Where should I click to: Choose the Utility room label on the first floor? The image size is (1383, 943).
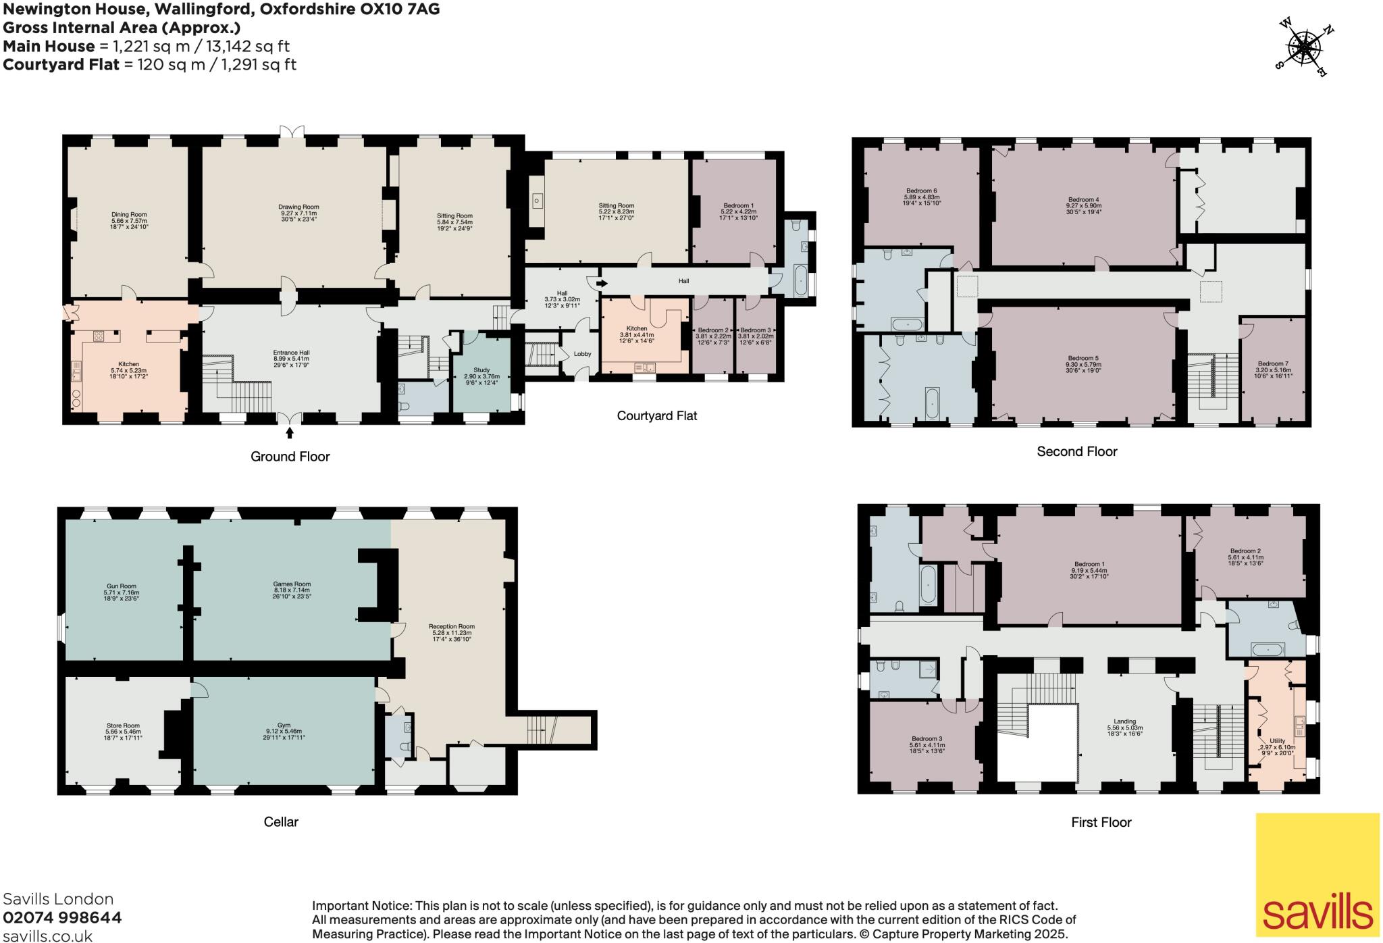1277,741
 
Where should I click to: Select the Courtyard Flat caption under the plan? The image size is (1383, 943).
656,415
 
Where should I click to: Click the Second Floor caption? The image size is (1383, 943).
1076,451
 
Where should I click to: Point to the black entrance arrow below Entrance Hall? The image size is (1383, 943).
290,432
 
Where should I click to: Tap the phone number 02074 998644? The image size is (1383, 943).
62,917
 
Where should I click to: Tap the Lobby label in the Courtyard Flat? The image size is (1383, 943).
582,354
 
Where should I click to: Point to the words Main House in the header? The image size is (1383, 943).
49,46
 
